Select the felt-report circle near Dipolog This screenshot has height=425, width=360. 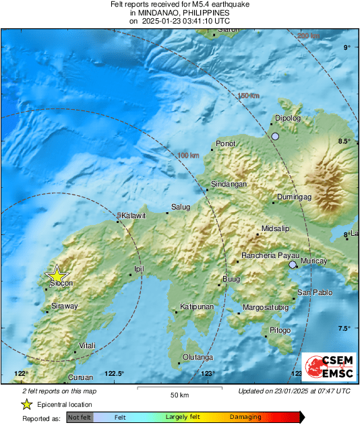[x=275, y=137]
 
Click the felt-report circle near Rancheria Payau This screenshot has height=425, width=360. [x=293, y=265]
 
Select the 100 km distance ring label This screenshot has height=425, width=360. [x=188, y=156]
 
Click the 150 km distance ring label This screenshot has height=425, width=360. [x=248, y=96]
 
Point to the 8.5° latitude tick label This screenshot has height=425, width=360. [x=344, y=141]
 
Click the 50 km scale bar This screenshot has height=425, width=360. [x=178, y=389]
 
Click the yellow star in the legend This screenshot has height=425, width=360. [x=26, y=404]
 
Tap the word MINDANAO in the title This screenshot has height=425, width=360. [x=156, y=12]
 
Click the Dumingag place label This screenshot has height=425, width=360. [x=293, y=197]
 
